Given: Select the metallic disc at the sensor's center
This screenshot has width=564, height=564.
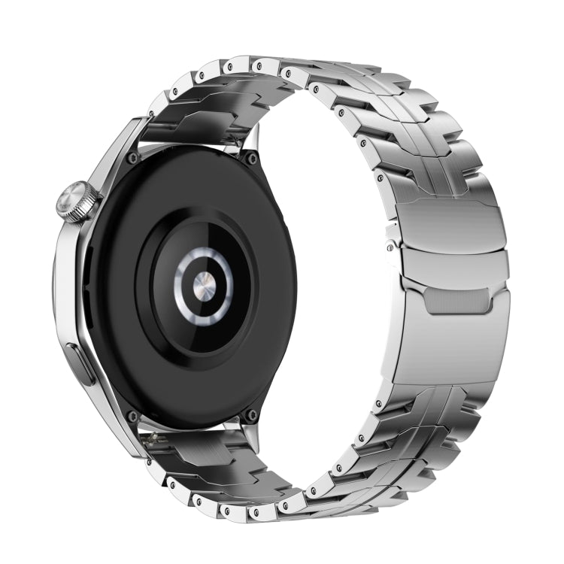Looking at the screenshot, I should [x=204, y=286].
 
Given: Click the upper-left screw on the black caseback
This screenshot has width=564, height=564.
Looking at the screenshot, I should [x=133, y=159].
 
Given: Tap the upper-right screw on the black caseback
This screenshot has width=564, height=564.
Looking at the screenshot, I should [x=251, y=159].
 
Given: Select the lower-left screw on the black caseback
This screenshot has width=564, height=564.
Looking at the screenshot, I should [x=133, y=416].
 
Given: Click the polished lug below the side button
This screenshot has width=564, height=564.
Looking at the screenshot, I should [x=113, y=421].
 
